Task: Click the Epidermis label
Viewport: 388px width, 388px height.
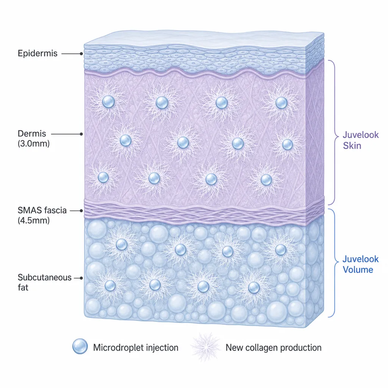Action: pyautogui.click(x=38, y=53)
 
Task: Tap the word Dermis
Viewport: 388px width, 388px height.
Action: pyautogui.click(x=32, y=134)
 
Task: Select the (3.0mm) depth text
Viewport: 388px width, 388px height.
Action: pyautogui.click(x=34, y=144)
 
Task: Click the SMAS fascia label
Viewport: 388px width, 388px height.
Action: pyautogui.click(x=42, y=210)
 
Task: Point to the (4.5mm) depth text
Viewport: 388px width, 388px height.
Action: pyautogui.click(x=34, y=221)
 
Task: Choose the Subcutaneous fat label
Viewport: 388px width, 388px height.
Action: pyautogui.click(x=45, y=282)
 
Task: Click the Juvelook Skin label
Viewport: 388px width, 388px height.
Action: pyautogui.click(x=361, y=140)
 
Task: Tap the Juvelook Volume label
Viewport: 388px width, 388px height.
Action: pyautogui.click(x=361, y=264)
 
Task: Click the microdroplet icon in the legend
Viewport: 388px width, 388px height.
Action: pyautogui.click(x=80, y=346)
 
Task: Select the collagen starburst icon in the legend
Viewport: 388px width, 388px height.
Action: pyautogui.click(x=205, y=347)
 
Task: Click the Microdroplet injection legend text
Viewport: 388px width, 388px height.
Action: pyautogui.click(x=136, y=348)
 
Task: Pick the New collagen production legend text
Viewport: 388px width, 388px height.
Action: pyautogui.click(x=274, y=348)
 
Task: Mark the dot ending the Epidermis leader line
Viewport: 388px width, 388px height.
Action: pyautogui.click(x=81, y=54)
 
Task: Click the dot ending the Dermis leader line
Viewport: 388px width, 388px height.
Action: pyautogui.click(x=81, y=134)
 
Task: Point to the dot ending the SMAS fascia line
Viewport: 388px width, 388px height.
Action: pyautogui.click(x=81, y=211)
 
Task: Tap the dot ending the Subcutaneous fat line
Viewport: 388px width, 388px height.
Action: pyautogui.click(x=81, y=278)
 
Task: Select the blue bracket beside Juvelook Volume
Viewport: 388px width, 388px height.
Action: pyautogui.click(x=335, y=263)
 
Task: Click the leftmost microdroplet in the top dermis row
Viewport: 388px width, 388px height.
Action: pyautogui.click(x=108, y=102)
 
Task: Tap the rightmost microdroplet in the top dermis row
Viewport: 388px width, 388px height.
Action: pyautogui.click(x=282, y=103)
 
